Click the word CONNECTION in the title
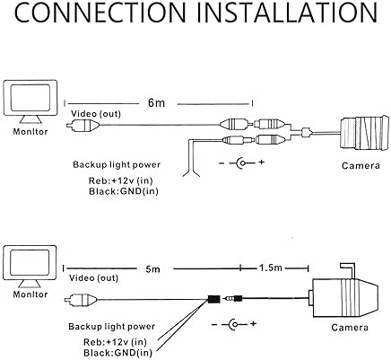100,13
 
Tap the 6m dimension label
156,102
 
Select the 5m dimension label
153,269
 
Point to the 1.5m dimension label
271,268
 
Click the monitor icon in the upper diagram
30,101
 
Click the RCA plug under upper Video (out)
83,125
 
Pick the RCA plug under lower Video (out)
81,299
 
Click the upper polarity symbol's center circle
243,163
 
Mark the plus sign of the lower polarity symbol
253,323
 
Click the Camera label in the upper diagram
361,165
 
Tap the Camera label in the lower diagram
350,328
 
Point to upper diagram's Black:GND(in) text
124,191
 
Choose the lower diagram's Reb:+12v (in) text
115,341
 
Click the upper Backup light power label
117,164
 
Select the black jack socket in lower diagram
214,299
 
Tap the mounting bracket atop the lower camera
347,271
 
